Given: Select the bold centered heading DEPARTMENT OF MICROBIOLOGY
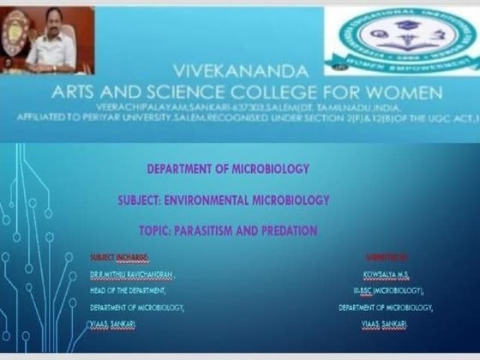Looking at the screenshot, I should pyautogui.click(x=228, y=170).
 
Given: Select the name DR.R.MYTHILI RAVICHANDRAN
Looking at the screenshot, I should pyautogui.click(x=132, y=273).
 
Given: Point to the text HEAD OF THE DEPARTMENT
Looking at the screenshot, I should pyautogui.click(x=128, y=290).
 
